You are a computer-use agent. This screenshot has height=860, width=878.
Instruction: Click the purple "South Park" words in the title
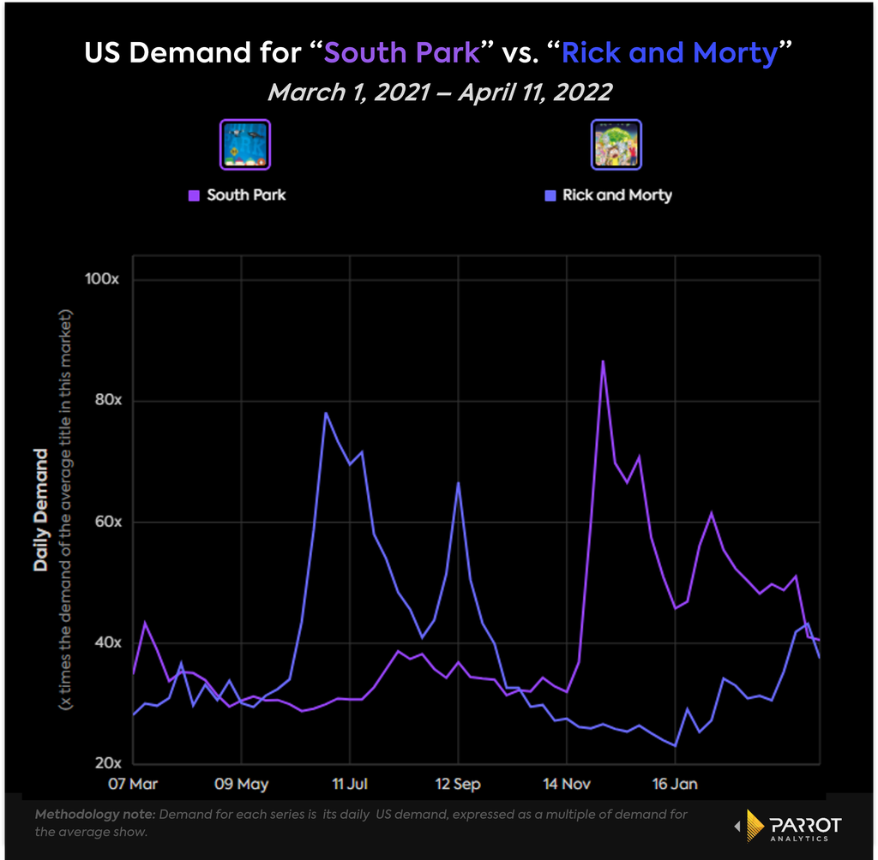[401, 52]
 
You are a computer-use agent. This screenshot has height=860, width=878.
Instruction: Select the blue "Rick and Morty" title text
[670, 53]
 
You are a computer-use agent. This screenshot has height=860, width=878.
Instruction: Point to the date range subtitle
[440, 93]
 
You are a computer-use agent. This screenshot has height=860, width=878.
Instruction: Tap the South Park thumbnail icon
[245, 145]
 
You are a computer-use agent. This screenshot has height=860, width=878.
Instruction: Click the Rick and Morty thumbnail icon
[616, 145]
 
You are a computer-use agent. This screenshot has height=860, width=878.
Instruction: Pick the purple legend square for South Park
[195, 195]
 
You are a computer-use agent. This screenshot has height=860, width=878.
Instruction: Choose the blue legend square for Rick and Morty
[550, 195]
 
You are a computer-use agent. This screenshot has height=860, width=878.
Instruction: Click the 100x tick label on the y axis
[102, 278]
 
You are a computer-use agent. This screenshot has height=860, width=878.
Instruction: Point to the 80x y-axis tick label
[108, 400]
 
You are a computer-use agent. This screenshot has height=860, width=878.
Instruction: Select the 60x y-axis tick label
[108, 522]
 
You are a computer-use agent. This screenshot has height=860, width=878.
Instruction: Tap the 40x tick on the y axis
[108, 642]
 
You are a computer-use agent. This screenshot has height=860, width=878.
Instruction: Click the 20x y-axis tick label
[108, 763]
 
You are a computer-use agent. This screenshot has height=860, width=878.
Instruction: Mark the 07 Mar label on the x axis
[133, 784]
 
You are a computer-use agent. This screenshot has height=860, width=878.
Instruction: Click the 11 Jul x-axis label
[350, 784]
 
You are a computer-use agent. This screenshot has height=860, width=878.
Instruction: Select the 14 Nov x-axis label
[567, 784]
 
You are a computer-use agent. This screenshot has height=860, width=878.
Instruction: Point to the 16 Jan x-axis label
[675, 784]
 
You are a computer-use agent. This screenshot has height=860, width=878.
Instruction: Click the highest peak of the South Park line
[603, 361]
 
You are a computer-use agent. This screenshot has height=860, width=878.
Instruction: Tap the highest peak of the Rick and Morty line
[325, 414]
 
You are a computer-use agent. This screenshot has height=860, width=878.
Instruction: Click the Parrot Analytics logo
[789, 826]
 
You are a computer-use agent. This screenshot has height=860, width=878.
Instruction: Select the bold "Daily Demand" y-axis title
[40, 510]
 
